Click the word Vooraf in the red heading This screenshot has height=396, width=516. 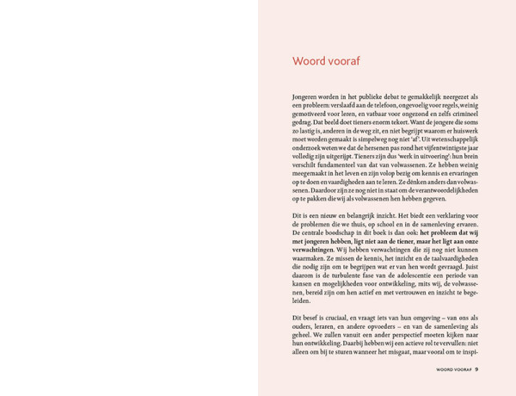tap(342, 61)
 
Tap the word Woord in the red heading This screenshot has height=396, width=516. tap(309, 61)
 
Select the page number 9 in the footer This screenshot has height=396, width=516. tap(476, 369)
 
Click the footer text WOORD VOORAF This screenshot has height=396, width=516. tap(454, 369)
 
